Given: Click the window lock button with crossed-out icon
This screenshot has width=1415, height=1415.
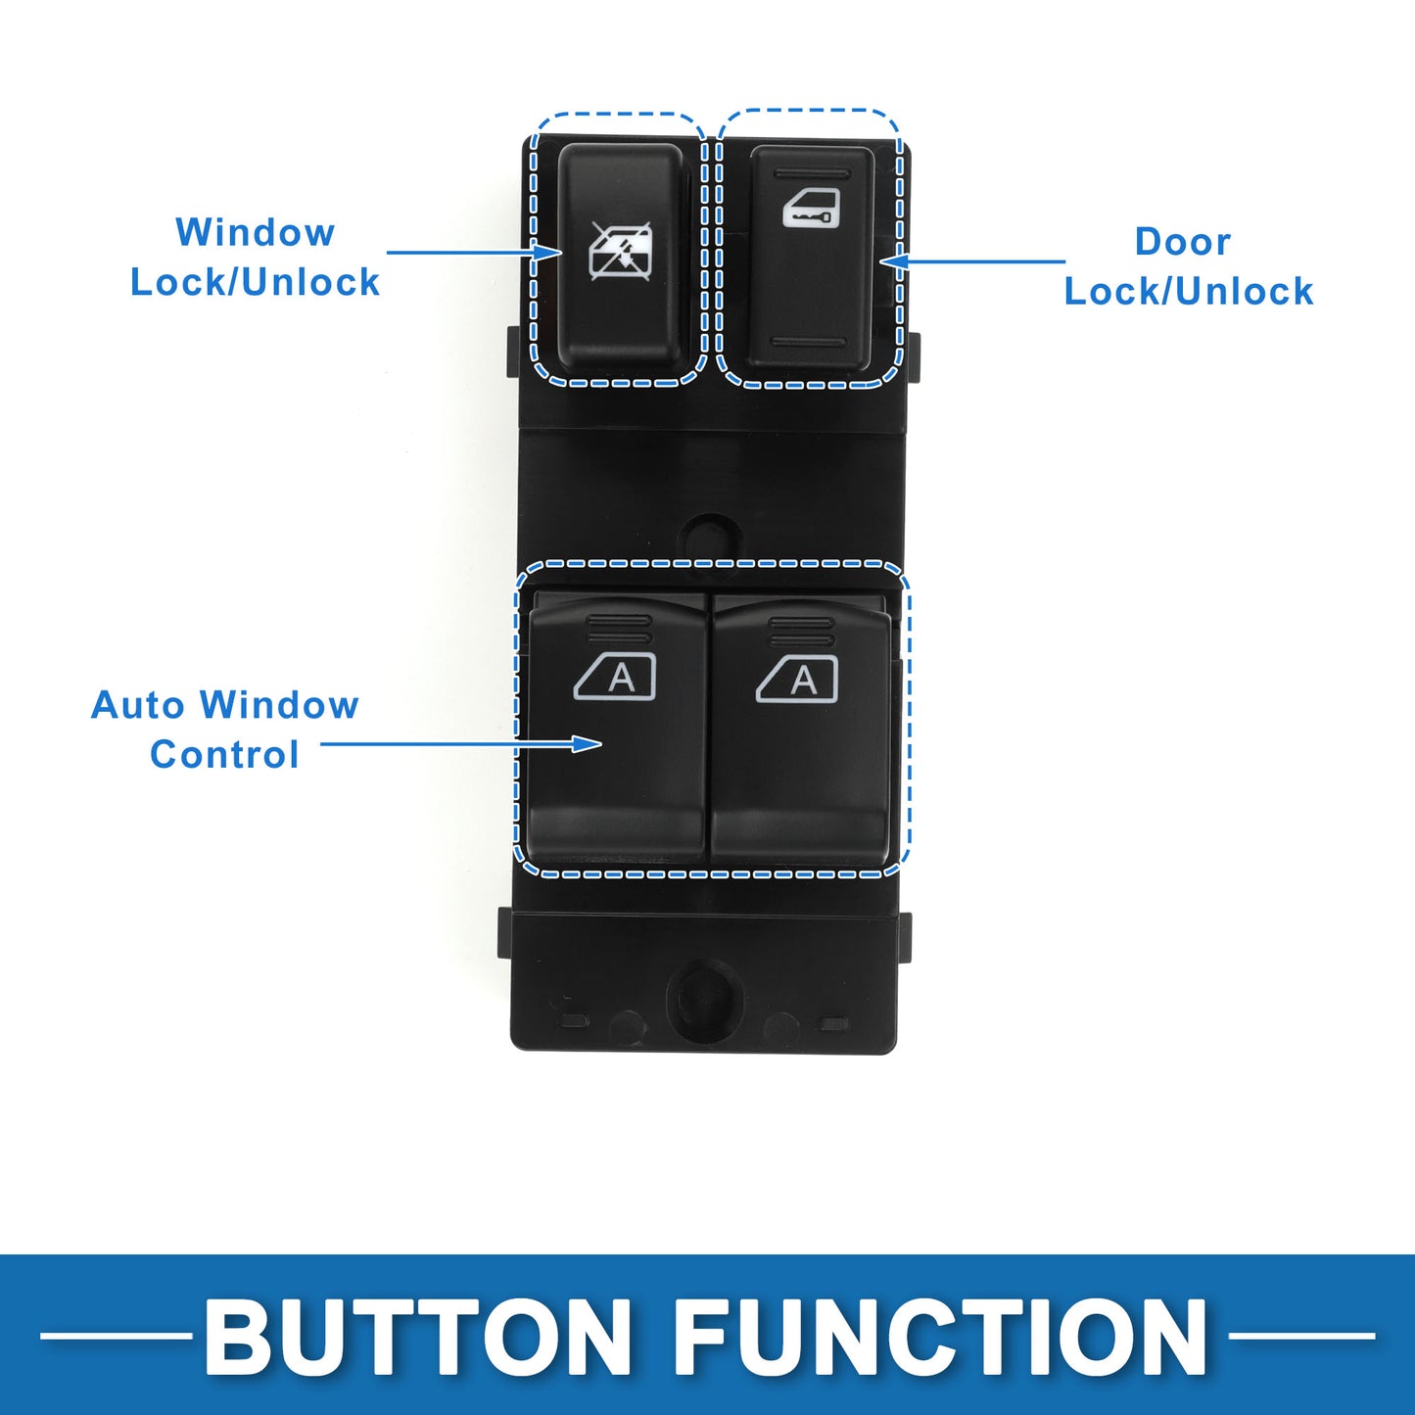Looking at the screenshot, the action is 621,257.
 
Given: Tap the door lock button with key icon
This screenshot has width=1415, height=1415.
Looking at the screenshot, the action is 811,257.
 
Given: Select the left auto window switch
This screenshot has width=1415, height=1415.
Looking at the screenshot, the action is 617,730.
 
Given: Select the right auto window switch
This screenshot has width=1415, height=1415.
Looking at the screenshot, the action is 801,730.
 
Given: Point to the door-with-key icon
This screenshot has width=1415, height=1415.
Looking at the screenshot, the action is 811,210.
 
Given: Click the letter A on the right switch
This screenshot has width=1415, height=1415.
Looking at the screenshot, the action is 803,680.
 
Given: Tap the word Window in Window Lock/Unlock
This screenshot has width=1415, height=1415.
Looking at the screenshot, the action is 256,233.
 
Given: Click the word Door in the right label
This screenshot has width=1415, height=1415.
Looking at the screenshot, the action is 1182,242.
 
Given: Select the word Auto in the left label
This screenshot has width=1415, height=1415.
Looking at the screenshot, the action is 137,705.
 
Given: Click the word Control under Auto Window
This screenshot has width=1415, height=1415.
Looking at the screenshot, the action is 224,754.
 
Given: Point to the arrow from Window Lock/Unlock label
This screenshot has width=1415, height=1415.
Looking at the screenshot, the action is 474,253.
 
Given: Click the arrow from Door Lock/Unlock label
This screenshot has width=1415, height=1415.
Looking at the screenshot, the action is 972,261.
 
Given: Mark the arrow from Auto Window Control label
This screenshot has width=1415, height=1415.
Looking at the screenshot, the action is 461,744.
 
